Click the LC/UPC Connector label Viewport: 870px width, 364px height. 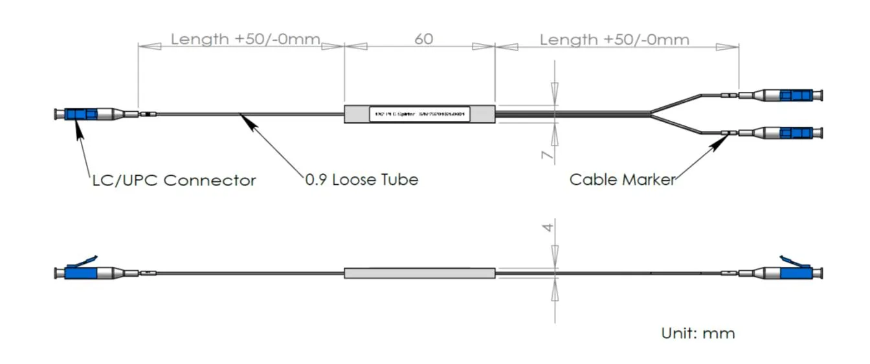173,180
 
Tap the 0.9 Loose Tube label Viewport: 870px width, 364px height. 361,180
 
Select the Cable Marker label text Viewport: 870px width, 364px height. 621,179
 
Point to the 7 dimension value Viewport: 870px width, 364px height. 548,155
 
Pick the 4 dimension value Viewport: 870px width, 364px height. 548,228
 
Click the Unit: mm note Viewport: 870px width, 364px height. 698,334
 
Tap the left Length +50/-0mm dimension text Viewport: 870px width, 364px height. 245,39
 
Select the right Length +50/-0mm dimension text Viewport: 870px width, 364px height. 614,39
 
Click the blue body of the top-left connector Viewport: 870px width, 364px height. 81,114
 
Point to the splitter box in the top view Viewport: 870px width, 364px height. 419,114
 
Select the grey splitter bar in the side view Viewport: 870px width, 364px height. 419,273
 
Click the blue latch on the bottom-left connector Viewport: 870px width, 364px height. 83,261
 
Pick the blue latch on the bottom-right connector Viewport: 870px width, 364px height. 791,261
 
